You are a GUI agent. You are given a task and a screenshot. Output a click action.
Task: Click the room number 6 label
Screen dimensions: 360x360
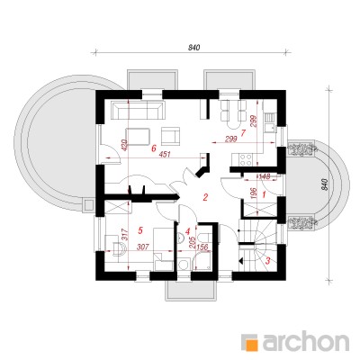[x=154, y=148]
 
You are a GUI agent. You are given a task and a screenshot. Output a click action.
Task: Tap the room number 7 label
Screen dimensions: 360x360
[x=243, y=132]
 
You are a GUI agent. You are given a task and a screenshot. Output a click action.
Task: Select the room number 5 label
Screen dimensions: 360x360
[x=139, y=230]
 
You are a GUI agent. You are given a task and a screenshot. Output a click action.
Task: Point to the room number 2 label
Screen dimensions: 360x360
[x=205, y=197]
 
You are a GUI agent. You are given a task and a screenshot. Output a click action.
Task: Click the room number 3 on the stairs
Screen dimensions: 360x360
[x=268, y=260]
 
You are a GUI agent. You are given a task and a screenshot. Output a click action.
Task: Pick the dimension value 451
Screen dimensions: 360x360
[x=166, y=155]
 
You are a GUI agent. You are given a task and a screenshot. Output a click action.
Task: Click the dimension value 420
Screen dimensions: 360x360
[x=125, y=145]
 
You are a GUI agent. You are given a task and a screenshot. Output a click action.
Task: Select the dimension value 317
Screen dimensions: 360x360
[x=125, y=235]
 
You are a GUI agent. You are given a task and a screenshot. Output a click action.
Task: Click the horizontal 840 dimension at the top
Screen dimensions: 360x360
[x=194, y=47]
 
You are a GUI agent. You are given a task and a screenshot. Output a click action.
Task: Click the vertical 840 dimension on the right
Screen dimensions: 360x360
[x=324, y=184]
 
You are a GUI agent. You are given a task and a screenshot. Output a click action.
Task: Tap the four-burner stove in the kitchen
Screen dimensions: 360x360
[x=246, y=159]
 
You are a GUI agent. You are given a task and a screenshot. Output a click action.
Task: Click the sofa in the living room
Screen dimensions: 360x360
[x=138, y=110]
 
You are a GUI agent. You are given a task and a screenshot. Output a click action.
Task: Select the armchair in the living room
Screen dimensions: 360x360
[x=171, y=136]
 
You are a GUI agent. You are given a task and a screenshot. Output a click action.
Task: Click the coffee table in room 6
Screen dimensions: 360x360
[x=138, y=137]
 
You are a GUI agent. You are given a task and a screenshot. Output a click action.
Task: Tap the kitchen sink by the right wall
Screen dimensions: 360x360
[x=270, y=122]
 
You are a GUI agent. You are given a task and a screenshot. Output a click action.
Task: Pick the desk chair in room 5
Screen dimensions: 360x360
[x=119, y=248]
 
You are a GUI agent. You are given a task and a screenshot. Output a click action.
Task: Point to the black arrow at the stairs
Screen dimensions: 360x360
[x=241, y=260]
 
